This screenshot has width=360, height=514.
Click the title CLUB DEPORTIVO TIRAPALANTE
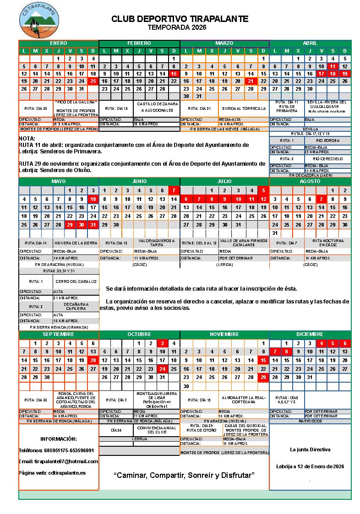pos(180,19)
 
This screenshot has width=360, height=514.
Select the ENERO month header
pos(58,43)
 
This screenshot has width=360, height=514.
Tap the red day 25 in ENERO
pos(93,81)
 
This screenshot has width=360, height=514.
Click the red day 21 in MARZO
pos(250,81)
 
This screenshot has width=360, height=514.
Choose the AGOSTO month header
pos(310,181)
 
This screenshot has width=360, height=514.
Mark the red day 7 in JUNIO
pos(174,190)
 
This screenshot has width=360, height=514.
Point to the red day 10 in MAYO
pos(93,199)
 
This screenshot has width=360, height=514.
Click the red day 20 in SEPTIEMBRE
pos(93,360)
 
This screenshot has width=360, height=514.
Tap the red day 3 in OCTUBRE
pos(162,343)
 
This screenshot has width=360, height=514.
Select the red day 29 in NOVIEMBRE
pos(263,378)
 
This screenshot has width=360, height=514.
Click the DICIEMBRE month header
pos(310,334)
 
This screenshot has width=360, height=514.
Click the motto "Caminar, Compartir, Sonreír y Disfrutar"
pos(184,475)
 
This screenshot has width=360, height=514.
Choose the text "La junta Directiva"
pos(310,449)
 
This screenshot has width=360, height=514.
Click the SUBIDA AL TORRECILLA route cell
pos(244,108)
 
